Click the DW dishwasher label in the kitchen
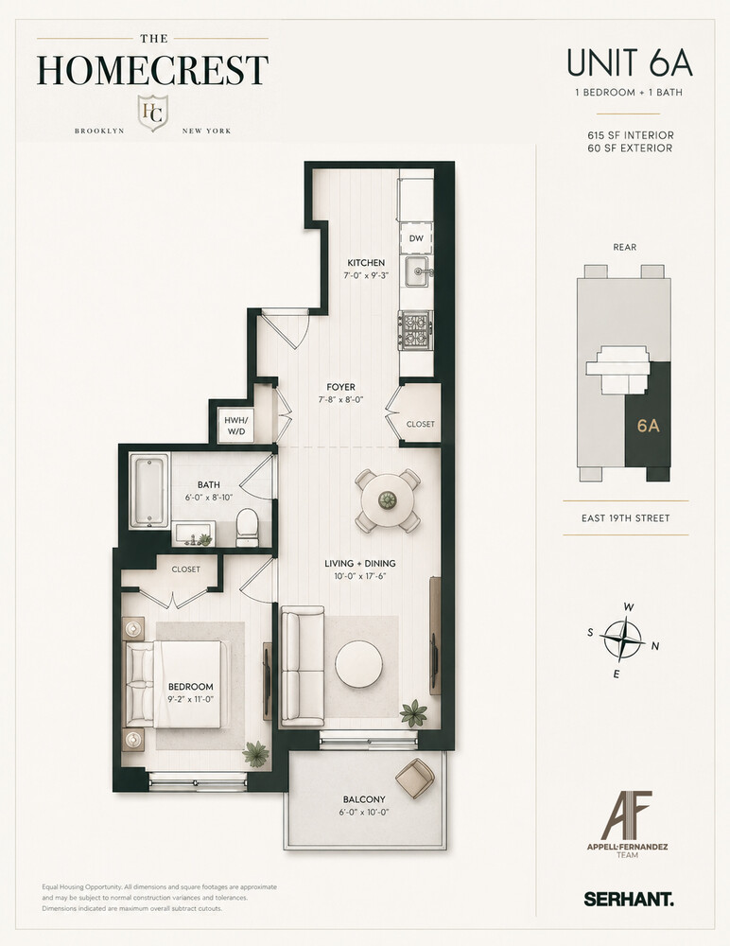click(416, 239)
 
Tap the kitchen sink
click(416, 274)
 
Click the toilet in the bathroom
click(248, 525)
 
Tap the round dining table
click(388, 499)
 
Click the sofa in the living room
click(300, 668)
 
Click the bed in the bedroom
click(180, 686)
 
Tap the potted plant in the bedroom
click(255, 753)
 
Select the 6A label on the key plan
click(648, 426)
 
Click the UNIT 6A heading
click(629, 63)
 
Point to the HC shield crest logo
click(152, 113)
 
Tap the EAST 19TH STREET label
click(626, 518)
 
